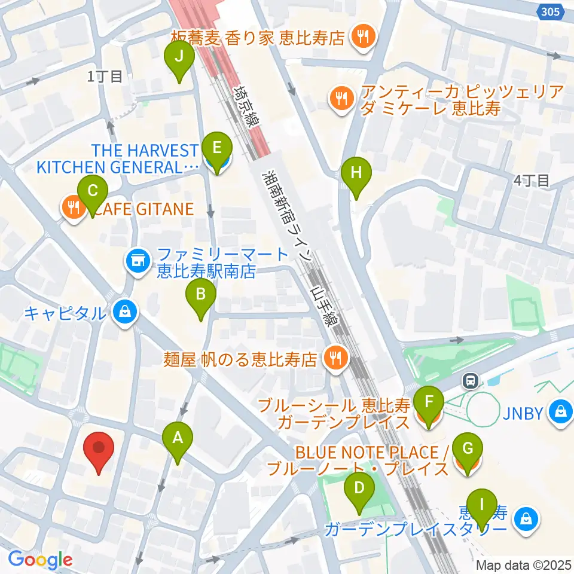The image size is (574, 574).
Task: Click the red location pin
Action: click(x=100, y=451)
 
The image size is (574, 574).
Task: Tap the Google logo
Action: click(x=40, y=560)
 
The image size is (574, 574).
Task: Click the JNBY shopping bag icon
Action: click(x=561, y=412)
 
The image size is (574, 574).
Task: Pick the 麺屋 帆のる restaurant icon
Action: click(x=332, y=359)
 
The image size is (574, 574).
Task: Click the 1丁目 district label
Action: click(x=105, y=76)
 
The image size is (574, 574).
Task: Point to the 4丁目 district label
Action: click(x=532, y=181)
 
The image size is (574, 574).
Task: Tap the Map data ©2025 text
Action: click(x=524, y=564)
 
